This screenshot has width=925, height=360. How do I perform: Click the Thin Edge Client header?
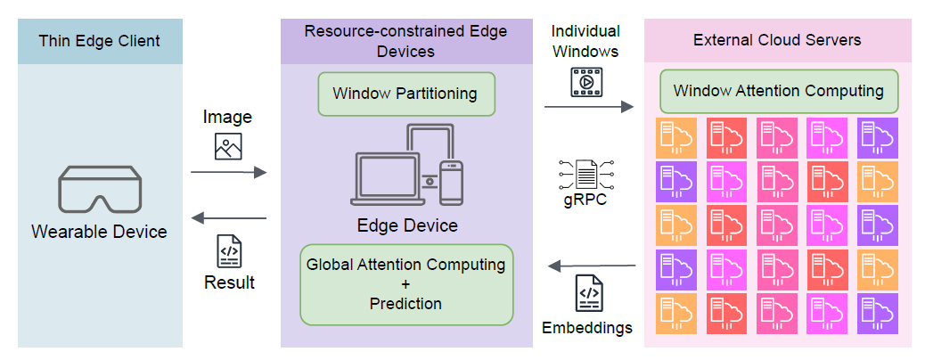(x=100, y=41)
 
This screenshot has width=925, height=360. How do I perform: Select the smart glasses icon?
(x=100, y=189)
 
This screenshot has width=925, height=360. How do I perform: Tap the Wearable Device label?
(x=100, y=232)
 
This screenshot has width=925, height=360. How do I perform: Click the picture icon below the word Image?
(x=228, y=145)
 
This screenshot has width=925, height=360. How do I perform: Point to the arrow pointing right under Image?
(x=228, y=172)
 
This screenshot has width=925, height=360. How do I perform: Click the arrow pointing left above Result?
(x=228, y=218)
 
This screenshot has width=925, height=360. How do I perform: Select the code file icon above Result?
(x=229, y=252)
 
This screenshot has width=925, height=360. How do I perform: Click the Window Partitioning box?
(x=405, y=94)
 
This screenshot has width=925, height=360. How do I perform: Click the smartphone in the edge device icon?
(x=452, y=183)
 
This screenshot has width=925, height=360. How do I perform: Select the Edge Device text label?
(x=405, y=225)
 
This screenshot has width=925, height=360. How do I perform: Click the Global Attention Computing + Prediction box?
(x=405, y=284)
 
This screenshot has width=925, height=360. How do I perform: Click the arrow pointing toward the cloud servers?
(x=588, y=106)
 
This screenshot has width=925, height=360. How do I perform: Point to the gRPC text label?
(x=585, y=200)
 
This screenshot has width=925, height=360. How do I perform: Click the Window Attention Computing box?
(x=778, y=92)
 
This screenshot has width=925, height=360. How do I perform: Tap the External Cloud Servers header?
(x=777, y=41)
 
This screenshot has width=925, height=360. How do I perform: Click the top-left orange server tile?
(x=675, y=138)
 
